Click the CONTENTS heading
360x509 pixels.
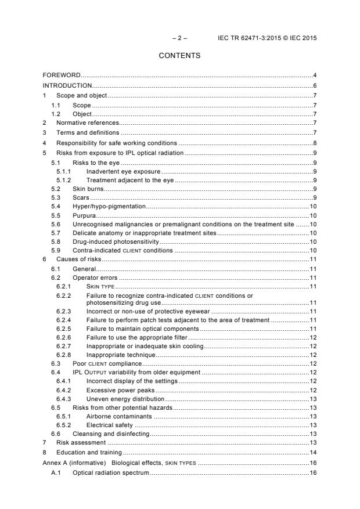(x=179, y=56)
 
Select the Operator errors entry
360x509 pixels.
(x=95, y=278)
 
